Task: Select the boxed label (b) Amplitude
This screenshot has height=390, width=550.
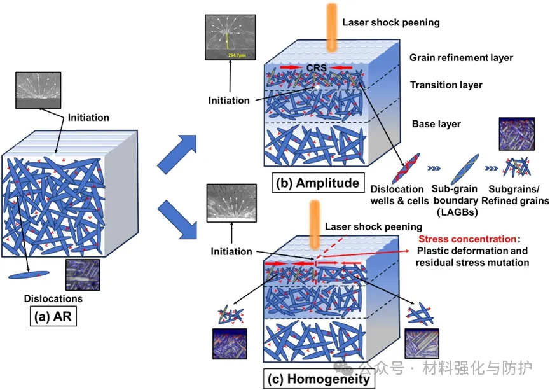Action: click(x=316, y=184)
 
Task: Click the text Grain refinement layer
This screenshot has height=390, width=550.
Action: click(x=461, y=58)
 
